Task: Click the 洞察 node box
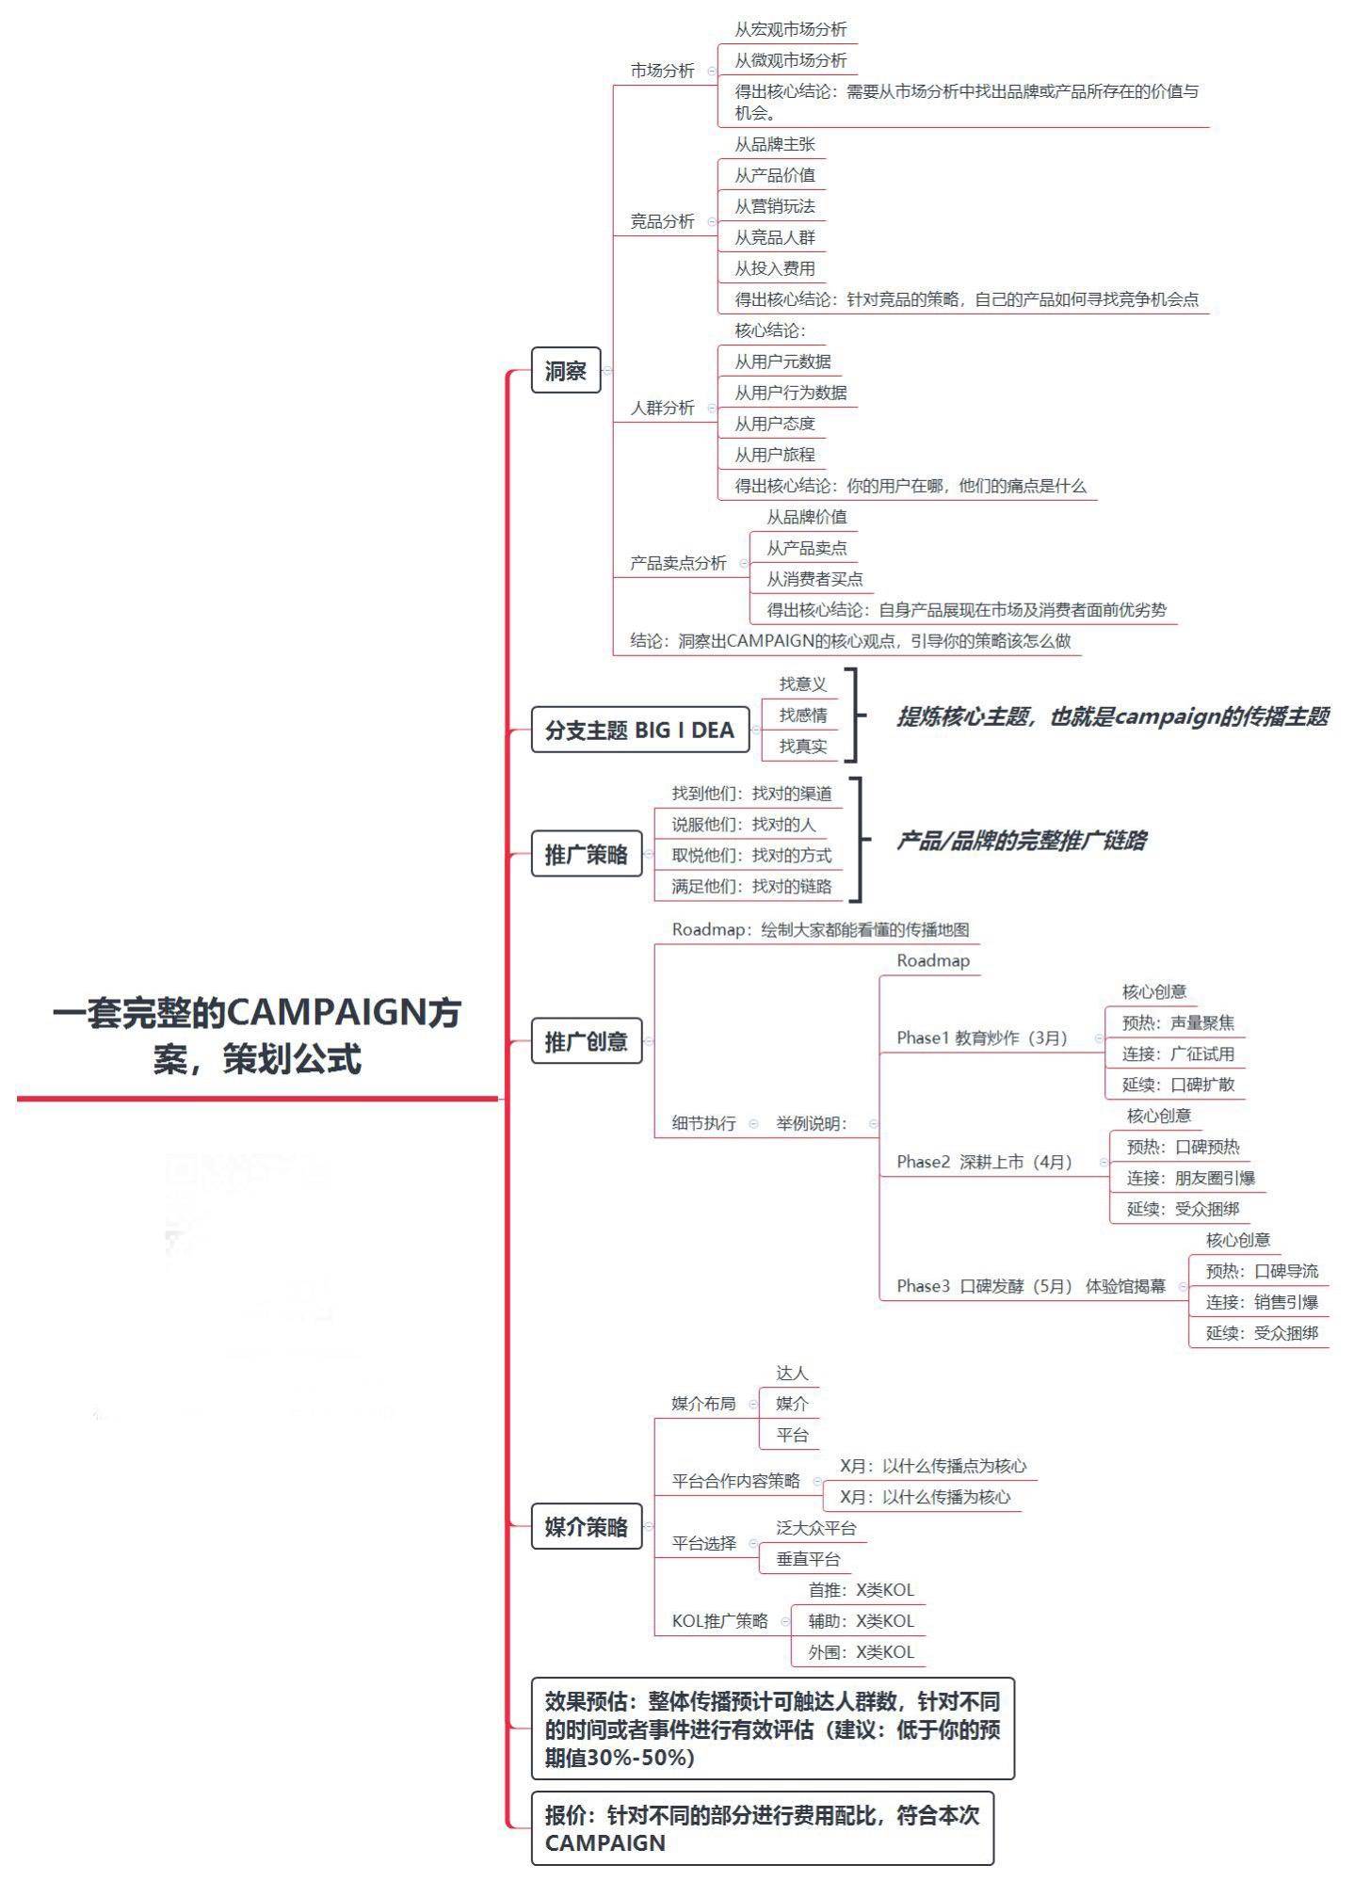point(565,371)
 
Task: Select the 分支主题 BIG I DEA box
point(639,731)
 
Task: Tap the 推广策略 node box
point(586,855)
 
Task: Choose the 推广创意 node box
point(586,1041)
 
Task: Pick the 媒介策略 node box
point(586,1527)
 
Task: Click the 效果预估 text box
point(772,1729)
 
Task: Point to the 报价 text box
point(762,1829)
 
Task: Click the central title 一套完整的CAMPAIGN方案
point(256,1035)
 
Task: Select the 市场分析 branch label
point(662,71)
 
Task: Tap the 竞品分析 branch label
point(662,221)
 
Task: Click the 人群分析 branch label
point(662,408)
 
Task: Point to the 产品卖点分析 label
point(678,563)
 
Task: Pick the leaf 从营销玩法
point(775,206)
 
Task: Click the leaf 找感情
point(803,715)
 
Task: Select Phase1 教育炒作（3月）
point(982,1037)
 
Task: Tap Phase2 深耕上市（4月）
point(984,1162)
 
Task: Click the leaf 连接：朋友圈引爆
point(1190,1178)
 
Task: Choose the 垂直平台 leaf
point(808,1559)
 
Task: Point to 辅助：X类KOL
point(861,1621)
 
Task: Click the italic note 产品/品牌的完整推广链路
point(1021,841)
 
